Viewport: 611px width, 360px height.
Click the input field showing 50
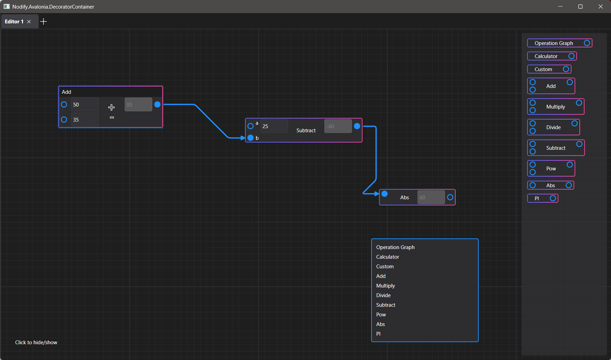pyautogui.click(x=85, y=104)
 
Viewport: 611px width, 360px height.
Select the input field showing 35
pyautogui.click(x=85, y=120)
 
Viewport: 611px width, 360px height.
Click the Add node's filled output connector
pyautogui.click(x=157, y=104)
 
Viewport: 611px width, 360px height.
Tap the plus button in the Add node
pyautogui.click(x=111, y=108)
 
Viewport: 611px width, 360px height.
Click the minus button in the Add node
pyautogui.click(x=112, y=117)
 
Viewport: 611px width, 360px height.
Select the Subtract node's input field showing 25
pyautogui.click(x=274, y=126)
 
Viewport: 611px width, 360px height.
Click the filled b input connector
pyautogui.click(x=251, y=138)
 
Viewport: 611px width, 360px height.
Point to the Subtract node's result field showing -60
pyautogui.click(x=338, y=126)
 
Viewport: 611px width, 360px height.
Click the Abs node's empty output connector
pyautogui.click(x=450, y=197)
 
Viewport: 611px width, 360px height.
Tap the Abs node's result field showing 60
pyautogui.click(x=431, y=197)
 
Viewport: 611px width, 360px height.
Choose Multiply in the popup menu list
pyautogui.click(x=386, y=286)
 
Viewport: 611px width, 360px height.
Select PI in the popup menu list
pyautogui.click(x=378, y=334)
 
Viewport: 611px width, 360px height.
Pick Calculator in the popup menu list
pyautogui.click(x=388, y=257)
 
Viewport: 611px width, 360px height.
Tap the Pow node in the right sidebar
pyautogui.click(x=551, y=168)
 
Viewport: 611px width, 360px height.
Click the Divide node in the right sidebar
pyautogui.click(x=553, y=127)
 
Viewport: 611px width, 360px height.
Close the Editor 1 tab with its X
pyautogui.click(x=29, y=22)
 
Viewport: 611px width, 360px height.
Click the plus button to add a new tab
pyautogui.click(x=43, y=22)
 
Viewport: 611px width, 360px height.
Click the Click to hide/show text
pyautogui.click(x=36, y=342)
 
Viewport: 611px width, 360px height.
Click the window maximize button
pyautogui.click(x=580, y=7)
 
